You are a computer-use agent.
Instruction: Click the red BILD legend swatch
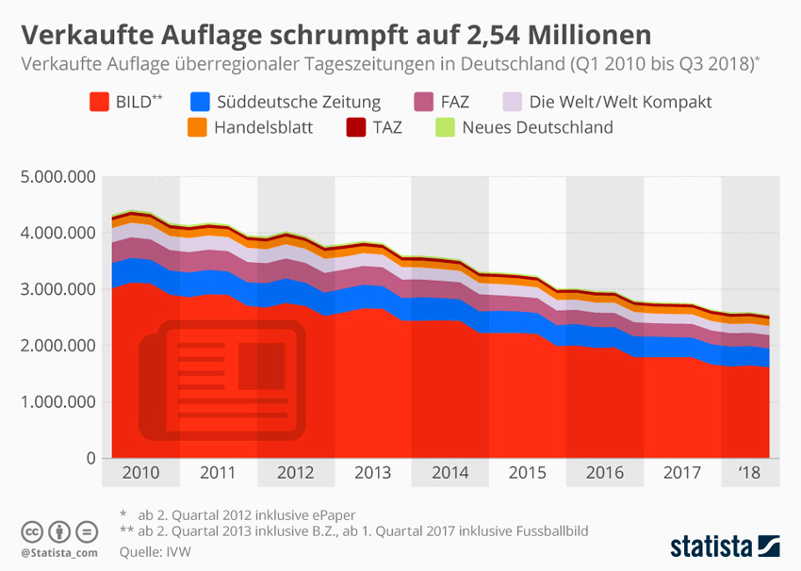pos(97,102)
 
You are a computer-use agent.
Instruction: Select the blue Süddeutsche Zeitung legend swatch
pos(200,102)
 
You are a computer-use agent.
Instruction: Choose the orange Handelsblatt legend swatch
pos(197,126)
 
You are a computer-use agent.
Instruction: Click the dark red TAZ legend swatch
pos(355,126)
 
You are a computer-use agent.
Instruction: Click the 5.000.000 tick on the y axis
pos(56,176)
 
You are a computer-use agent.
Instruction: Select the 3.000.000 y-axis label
pos(56,289)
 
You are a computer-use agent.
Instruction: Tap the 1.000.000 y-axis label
pos(56,402)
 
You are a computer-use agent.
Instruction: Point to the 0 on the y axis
pos(90,459)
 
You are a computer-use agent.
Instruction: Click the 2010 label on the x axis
pos(140,472)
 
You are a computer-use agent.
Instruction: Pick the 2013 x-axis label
pos(372,472)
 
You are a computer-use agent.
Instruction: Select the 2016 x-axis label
pos(604,472)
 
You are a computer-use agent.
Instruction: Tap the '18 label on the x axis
pos(750,472)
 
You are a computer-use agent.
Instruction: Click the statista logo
pos(724,546)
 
